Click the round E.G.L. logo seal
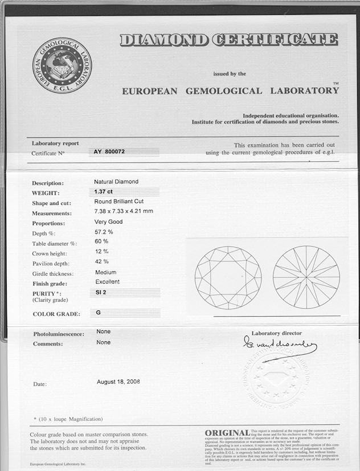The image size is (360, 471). point(62,65)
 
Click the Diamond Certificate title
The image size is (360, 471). point(228,40)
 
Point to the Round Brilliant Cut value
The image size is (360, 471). point(123,202)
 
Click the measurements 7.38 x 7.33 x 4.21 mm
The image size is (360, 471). point(124,212)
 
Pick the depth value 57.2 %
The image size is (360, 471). point(104,232)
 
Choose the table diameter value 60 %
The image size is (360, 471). point(101,242)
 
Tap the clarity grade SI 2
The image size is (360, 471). point(102,292)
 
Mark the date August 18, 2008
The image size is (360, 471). point(118,382)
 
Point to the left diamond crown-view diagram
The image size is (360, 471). point(228,277)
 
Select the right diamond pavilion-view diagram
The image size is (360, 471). point(306,277)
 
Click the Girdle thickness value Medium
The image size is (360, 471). point(105,272)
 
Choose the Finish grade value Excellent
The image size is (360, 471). point(107,282)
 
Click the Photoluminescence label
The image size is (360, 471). point(59,334)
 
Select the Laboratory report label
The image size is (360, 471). point(55,144)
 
